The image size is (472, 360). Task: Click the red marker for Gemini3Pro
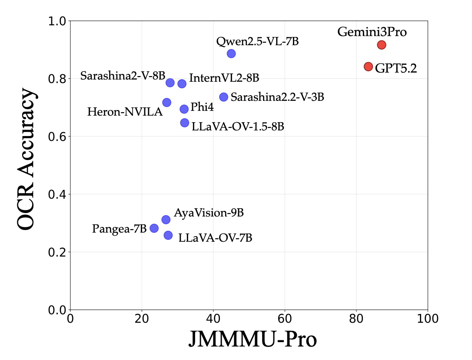pyautogui.click(x=382, y=45)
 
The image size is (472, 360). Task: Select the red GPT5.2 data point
pyautogui.click(x=368, y=67)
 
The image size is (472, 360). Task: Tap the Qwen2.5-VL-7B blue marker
pyautogui.click(x=231, y=53)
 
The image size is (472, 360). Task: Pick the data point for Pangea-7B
pyautogui.click(x=154, y=228)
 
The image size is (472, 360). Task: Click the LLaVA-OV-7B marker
pyautogui.click(x=168, y=235)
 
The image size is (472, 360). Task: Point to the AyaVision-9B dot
pyautogui.click(x=166, y=220)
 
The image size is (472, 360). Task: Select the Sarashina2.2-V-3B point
pyautogui.click(x=224, y=97)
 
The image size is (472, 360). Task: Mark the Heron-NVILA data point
pyautogui.click(x=166, y=103)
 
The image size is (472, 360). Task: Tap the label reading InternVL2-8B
pyautogui.click(x=224, y=79)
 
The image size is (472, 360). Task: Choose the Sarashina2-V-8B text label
pyautogui.click(x=121, y=76)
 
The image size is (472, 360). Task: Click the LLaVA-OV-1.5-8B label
pyautogui.click(x=238, y=127)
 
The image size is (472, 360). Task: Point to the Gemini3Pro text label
pyautogui.click(x=372, y=32)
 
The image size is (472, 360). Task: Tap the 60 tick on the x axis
pyautogui.click(x=285, y=318)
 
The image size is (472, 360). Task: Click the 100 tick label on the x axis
pyautogui.click(x=428, y=318)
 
